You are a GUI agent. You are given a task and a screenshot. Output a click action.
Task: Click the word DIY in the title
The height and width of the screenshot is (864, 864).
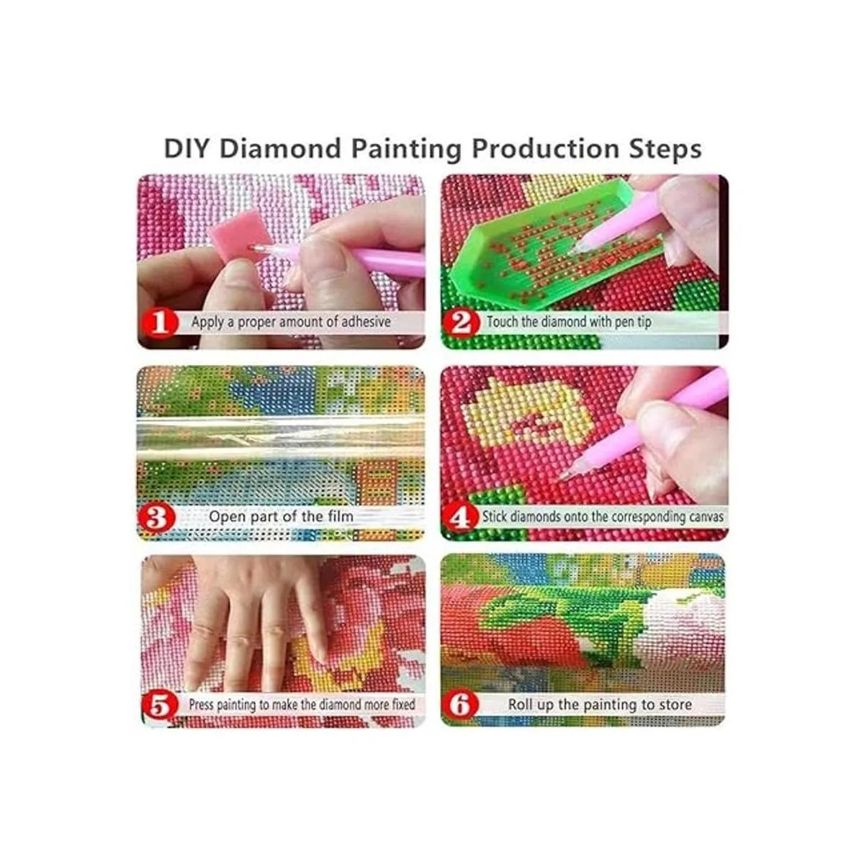[x=186, y=148]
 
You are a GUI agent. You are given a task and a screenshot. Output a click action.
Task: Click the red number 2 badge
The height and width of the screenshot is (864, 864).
[x=461, y=323]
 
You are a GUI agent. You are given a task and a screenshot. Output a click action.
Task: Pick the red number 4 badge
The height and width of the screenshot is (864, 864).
[x=461, y=517]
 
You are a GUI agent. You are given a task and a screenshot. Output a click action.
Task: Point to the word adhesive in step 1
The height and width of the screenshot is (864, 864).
[x=366, y=322]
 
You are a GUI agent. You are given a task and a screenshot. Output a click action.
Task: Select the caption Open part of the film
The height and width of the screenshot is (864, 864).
[x=281, y=517]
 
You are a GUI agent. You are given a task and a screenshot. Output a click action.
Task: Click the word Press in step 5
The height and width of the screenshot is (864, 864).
[x=201, y=705]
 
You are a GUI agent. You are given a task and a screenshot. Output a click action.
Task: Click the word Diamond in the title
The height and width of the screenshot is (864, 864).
[x=280, y=148]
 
